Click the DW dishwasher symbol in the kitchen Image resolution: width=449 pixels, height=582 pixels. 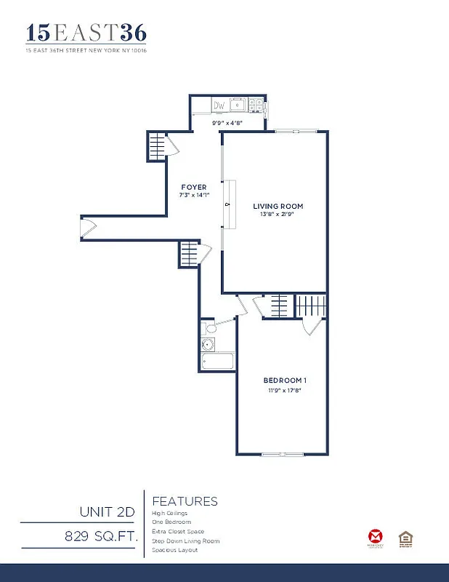(x=219, y=106)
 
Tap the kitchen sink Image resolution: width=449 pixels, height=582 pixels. (x=238, y=106)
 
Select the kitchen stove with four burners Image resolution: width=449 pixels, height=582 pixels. (x=256, y=106)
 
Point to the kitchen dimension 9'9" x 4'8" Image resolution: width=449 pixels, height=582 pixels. (x=226, y=123)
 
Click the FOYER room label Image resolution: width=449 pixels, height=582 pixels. (x=194, y=187)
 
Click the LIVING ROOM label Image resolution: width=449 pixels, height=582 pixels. (x=278, y=206)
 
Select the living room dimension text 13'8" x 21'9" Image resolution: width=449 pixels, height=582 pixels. (x=278, y=215)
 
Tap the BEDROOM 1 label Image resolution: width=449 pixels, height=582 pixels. (x=285, y=380)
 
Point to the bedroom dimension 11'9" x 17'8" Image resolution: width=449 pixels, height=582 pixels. (x=284, y=391)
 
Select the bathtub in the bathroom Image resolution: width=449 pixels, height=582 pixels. (x=217, y=362)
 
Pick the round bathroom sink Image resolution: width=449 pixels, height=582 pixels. (x=209, y=345)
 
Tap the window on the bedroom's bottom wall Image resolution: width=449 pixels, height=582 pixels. (x=283, y=455)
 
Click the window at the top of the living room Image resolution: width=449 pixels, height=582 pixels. (x=296, y=131)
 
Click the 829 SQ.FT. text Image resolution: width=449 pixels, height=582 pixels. (x=100, y=537)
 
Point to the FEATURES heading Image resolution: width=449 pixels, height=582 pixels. (x=185, y=501)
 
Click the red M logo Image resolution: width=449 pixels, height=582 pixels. (x=376, y=537)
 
